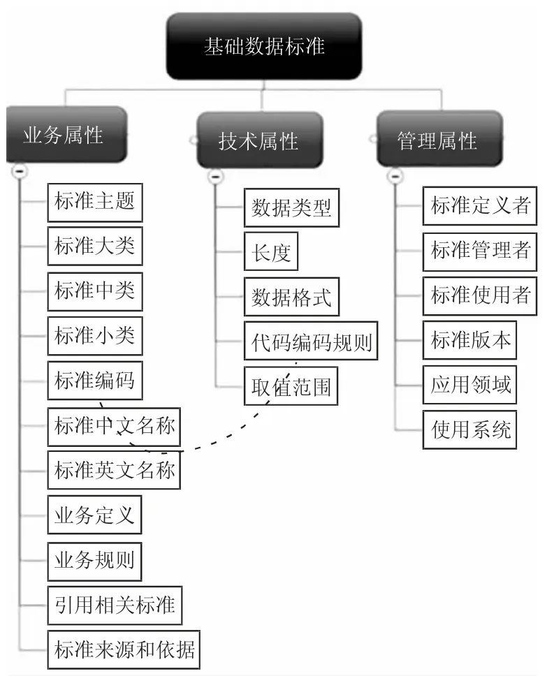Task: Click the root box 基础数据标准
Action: tap(264, 46)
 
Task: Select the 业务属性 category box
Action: tap(66, 135)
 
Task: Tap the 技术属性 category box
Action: tap(260, 140)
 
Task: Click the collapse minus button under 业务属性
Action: tap(20, 170)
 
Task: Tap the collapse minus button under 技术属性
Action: tap(215, 177)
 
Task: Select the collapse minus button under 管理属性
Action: tap(395, 176)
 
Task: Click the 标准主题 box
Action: tap(95, 203)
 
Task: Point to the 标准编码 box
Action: tap(95, 381)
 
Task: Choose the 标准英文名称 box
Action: tap(114, 470)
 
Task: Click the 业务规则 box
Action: tap(94, 561)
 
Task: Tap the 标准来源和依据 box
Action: tap(124, 649)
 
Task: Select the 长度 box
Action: tap(271, 251)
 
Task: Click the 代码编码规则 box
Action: tap(311, 341)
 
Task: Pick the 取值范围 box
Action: tap(291, 386)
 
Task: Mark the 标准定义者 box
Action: tap(480, 206)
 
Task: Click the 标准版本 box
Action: tap(470, 340)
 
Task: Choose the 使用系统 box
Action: tap(470, 429)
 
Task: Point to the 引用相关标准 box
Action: tap(115, 605)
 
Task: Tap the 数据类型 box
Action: tap(291, 208)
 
